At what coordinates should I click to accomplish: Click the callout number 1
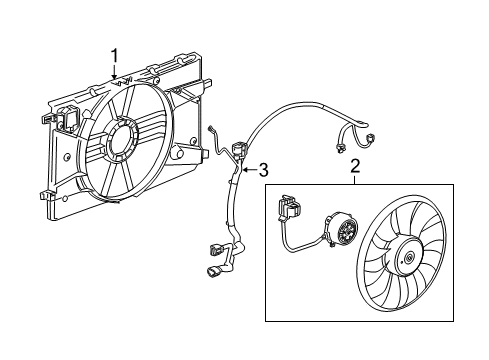pyautogui.click(x=115, y=56)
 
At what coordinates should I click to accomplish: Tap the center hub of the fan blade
pyautogui.click(x=407, y=259)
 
